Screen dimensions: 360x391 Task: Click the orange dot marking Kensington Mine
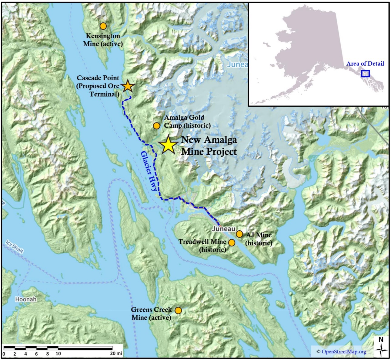(x=103, y=26)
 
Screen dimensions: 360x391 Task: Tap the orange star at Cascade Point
(x=128, y=86)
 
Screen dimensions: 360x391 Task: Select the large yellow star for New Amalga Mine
(x=168, y=145)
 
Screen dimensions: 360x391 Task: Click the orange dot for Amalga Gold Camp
(x=156, y=125)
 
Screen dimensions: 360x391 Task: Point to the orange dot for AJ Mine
(x=239, y=234)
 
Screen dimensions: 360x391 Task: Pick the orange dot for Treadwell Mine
(x=232, y=242)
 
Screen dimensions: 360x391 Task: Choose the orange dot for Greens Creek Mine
(x=178, y=310)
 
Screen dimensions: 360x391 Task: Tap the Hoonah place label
(x=26, y=299)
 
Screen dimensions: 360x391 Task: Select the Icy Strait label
(x=14, y=247)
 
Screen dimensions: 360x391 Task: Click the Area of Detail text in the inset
(x=365, y=63)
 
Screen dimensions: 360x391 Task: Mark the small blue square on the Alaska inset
(x=365, y=74)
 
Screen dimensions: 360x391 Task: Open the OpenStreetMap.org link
(x=344, y=351)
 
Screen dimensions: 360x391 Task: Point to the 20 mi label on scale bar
(x=116, y=353)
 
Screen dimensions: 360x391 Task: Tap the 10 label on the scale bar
(x=58, y=353)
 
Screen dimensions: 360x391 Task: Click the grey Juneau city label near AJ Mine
(x=224, y=228)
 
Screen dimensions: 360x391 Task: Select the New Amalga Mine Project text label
(x=209, y=146)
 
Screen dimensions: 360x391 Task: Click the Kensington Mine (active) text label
(x=103, y=40)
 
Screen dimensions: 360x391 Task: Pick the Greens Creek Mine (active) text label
(x=151, y=314)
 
